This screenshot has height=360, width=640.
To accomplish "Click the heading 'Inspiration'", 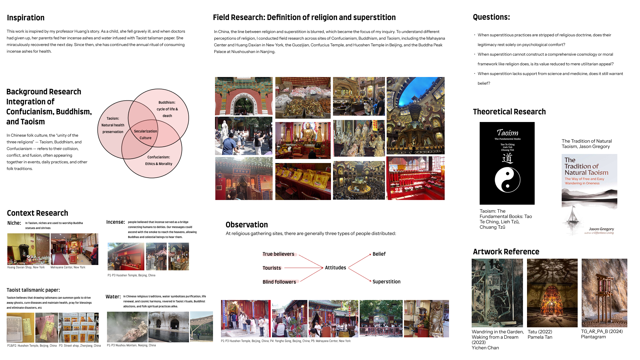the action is pyautogui.click(x=26, y=18).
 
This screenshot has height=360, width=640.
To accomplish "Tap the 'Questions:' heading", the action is pyautogui.click(x=491, y=17).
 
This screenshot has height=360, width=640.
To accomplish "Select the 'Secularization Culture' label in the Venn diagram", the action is pyautogui.click(x=145, y=134).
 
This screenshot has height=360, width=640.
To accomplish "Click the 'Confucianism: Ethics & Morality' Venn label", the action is pyautogui.click(x=159, y=160).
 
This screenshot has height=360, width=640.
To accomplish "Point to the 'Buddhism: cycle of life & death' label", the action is pyautogui.click(x=167, y=109).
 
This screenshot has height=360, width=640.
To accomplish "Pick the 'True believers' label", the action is pyautogui.click(x=278, y=254).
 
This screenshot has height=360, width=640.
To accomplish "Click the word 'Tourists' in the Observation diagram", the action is pyautogui.click(x=272, y=268).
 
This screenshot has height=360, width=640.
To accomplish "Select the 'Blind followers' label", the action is pyautogui.click(x=279, y=282).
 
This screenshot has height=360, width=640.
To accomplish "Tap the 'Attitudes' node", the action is pyautogui.click(x=335, y=268).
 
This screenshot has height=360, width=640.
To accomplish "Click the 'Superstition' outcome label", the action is pyautogui.click(x=386, y=282).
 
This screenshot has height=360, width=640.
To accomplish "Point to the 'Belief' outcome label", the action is pyautogui.click(x=379, y=254).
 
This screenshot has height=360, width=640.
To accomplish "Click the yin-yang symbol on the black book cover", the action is pyautogui.click(x=507, y=180).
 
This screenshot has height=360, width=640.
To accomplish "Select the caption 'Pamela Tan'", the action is pyautogui.click(x=540, y=337).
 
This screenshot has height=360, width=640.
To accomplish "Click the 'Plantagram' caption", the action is pyautogui.click(x=593, y=337).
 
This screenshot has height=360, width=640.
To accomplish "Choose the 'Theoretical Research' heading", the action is pyautogui.click(x=509, y=112).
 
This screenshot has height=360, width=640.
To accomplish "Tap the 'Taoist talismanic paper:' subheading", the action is pyautogui.click(x=33, y=290).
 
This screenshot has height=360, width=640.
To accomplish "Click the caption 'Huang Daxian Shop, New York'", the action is pyautogui.click(x=26, y=267).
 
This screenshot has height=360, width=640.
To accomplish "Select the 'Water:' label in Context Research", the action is pyautogui.click(x=113, y=297).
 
